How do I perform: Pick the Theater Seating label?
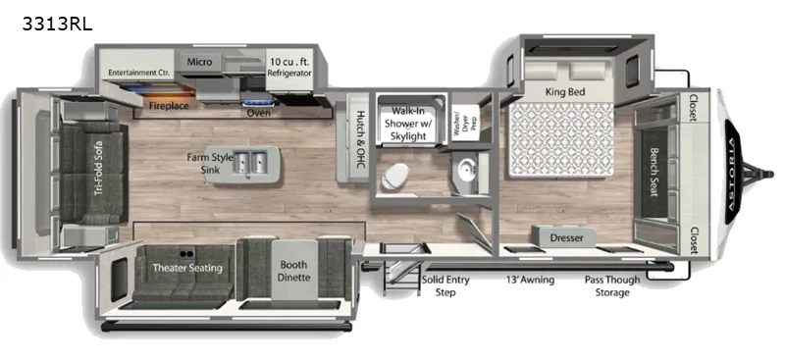[x=186, y=268]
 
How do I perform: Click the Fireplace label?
[x=169, y=102]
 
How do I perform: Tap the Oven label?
[x=258, y=113]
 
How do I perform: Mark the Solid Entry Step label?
[x=444, y=286]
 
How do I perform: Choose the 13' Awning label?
[x=529, y=281]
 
